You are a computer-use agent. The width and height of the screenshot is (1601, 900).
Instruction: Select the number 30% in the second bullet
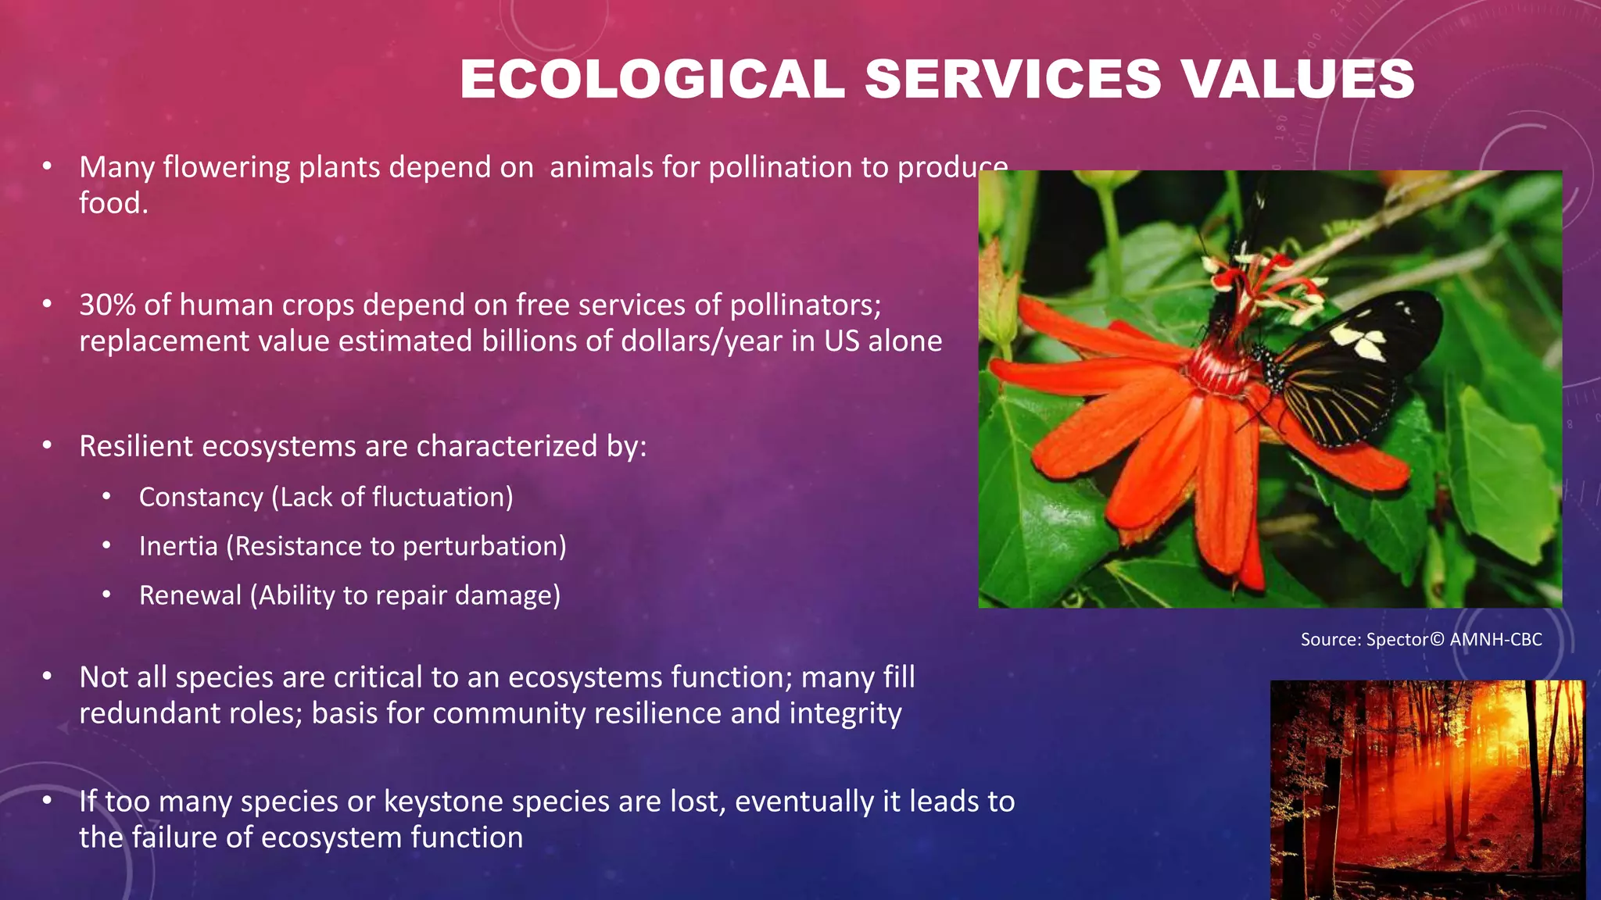pos(107,305)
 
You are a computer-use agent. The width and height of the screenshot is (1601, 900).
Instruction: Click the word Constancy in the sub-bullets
pos(201,498)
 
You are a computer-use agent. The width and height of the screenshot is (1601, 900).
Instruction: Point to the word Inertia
pos(178,547)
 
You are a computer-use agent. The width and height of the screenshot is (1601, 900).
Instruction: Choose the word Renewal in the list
pos(190,596)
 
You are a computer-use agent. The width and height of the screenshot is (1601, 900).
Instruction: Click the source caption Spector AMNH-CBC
pos(1420,640)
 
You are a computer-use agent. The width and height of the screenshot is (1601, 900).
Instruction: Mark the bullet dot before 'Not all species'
pos(48,677)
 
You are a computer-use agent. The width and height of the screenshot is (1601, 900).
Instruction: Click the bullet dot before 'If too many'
pos(48,801)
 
